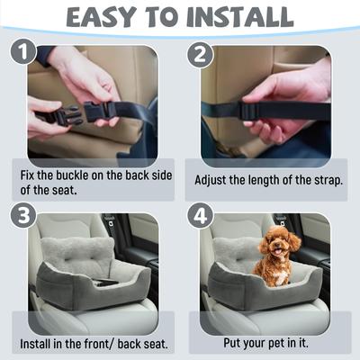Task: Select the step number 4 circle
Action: click(x=201, y=217)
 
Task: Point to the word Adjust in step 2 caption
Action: click(x=212, y=179)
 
